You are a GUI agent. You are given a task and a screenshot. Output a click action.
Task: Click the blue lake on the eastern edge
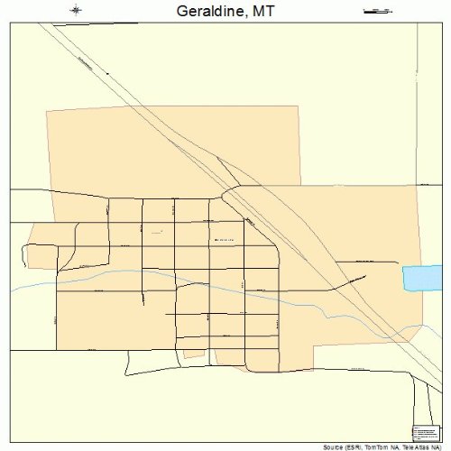point(421,278)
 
